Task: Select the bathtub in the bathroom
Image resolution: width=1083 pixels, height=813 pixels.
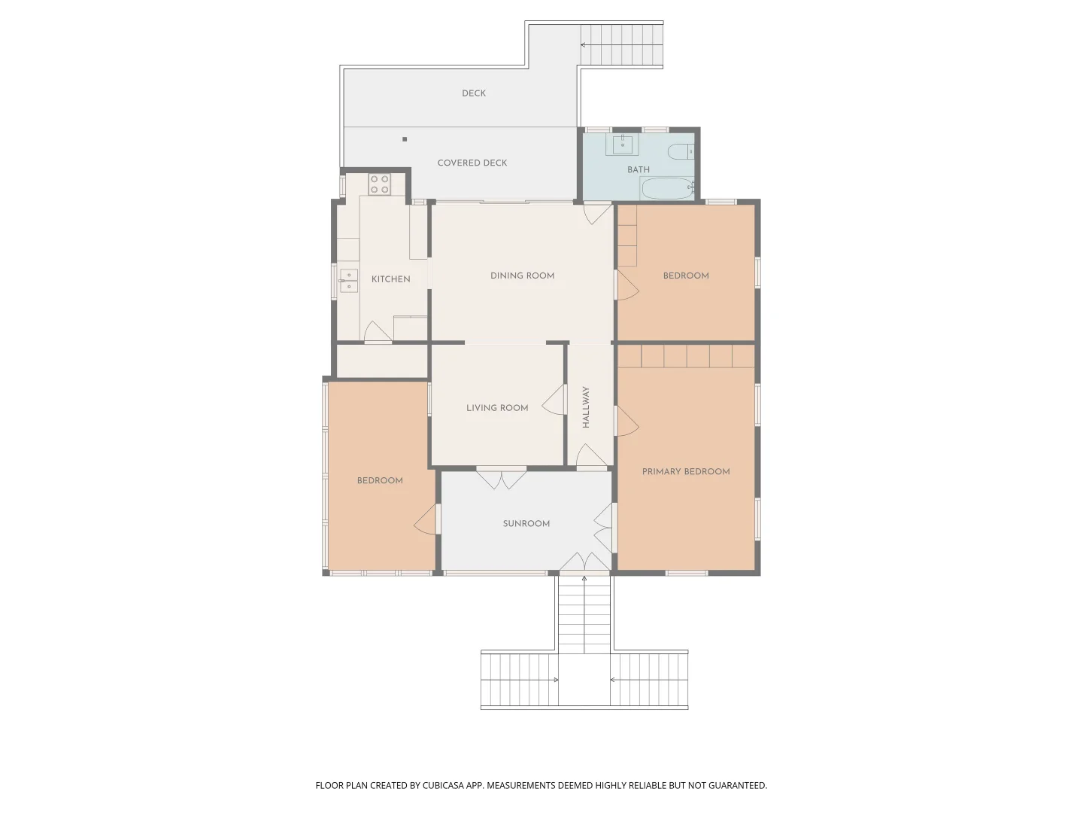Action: coord(667,188)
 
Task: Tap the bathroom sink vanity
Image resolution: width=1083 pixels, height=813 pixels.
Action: coord(623,144)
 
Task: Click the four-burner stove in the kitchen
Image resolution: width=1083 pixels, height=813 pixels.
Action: coord(379,184)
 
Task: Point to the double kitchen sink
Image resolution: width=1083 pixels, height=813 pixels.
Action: coord(348,280)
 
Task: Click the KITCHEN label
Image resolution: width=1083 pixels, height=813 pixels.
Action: coord(390,279)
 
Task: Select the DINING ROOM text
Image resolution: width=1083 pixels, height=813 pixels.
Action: coord(522,276)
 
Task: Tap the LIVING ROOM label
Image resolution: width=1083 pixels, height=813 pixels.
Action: coord(497,408)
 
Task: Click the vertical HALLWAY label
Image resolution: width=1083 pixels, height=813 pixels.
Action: coord(586,407)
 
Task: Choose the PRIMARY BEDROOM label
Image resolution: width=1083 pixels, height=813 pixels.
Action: coord(685,472)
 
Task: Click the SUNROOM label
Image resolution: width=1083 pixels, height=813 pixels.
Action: coord(526,524)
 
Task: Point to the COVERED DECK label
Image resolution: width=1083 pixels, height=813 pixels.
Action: coord(472,163)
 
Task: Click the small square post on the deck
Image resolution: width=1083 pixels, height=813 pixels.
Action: coord(405,139)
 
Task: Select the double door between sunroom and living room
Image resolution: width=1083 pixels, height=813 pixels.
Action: coord(502,478)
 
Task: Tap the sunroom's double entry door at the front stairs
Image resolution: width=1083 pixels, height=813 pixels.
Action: coord(584,562)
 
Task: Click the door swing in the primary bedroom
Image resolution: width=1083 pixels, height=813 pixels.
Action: coord(627,422)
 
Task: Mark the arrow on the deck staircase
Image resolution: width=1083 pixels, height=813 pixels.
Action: coord(583,45)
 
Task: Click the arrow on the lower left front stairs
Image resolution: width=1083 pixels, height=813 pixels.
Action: coord(555,680)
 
